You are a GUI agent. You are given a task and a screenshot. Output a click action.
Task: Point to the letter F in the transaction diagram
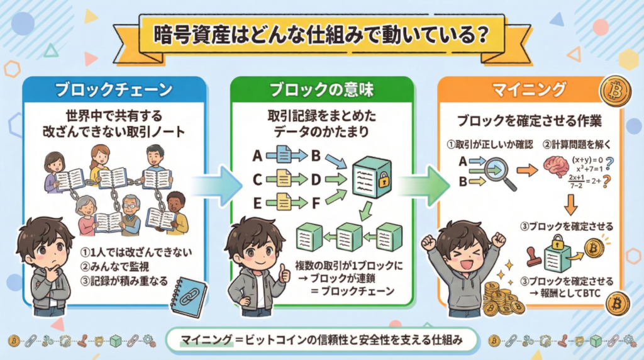[316, 203]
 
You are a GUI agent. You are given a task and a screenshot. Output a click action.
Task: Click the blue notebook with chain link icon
[189, 294]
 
